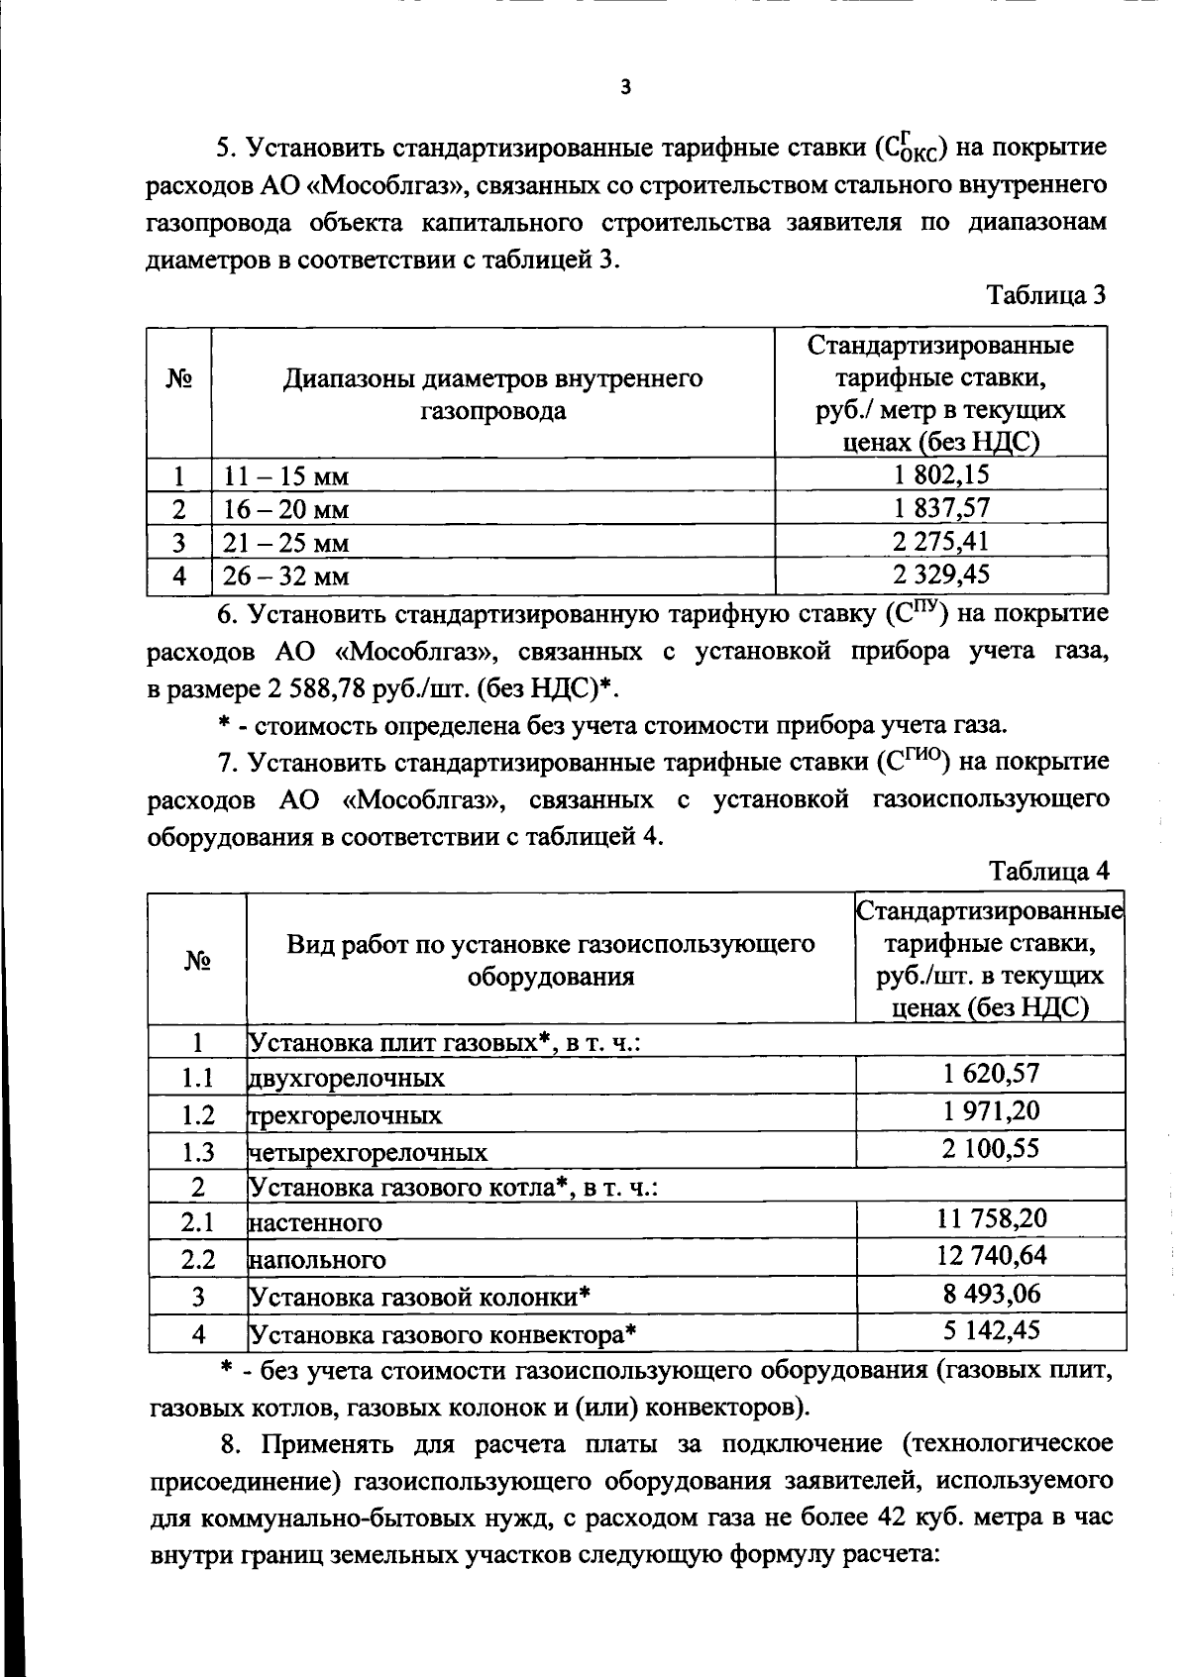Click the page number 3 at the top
pos(624,87)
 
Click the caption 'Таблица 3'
pos(1045,295)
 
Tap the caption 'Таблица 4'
pos(1049,871)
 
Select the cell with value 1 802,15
pos(940,474)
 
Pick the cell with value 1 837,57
pos(940,508)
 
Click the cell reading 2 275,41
pos(940,542)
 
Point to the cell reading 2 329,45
pos(940,575)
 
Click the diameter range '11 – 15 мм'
pos(285,477)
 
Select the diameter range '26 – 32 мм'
pos(285,576)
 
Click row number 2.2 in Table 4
pos(198,1259)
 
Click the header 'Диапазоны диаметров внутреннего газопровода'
pos(492,394)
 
